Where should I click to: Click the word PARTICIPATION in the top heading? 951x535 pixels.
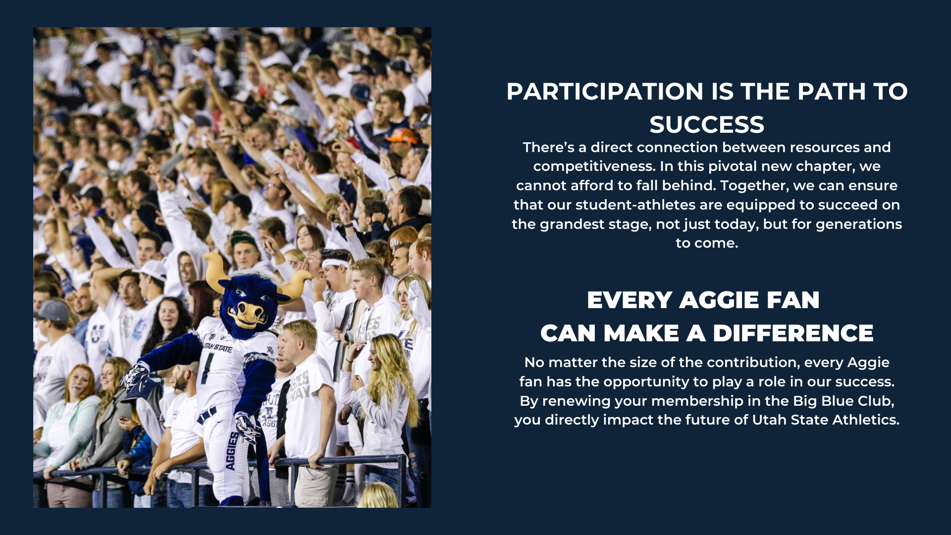pyautogui.click(x=605, y=92)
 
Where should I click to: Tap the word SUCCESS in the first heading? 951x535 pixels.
pyautogui.click(x=707, y=124)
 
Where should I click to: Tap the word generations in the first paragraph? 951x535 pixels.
pyautogui.click(x=859, y=224)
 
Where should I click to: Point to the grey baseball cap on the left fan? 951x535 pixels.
pyautogui.click(x=52, y=311)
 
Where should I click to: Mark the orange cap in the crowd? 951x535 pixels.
pyautogui.click(x=401, y=135)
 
